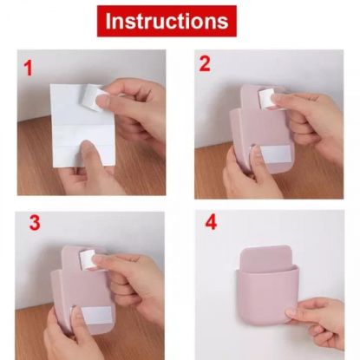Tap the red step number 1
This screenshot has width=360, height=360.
tap(29, 68)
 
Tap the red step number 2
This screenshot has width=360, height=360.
tap(205, 63)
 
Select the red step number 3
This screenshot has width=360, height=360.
tap(34, 222)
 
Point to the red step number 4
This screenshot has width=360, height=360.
tap(210, 222)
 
